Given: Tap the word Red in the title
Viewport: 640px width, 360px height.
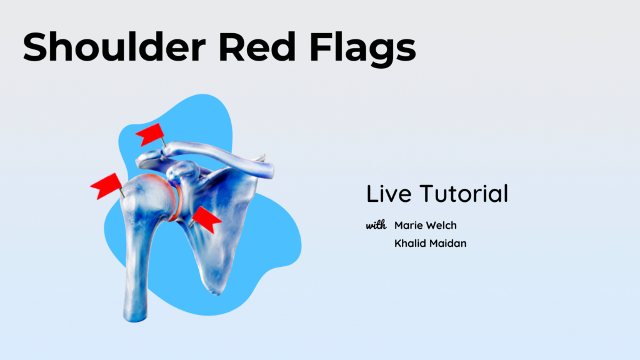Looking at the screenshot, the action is pos(257,46).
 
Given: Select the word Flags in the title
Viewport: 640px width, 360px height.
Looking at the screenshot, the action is pos(363,49).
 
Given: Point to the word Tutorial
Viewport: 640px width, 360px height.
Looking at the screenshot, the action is pos(464,194).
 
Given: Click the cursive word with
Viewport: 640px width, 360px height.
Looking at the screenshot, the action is pos(376,225).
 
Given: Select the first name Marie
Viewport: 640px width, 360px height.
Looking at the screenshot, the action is pos(408,225).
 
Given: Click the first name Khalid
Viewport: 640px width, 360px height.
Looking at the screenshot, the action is pos(410,243).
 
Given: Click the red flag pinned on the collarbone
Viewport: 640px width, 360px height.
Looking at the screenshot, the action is pos(149,134).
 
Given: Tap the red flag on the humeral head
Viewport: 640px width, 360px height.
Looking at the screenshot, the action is pos(106,186).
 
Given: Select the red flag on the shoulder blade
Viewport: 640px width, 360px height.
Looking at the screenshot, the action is pos(207,219).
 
